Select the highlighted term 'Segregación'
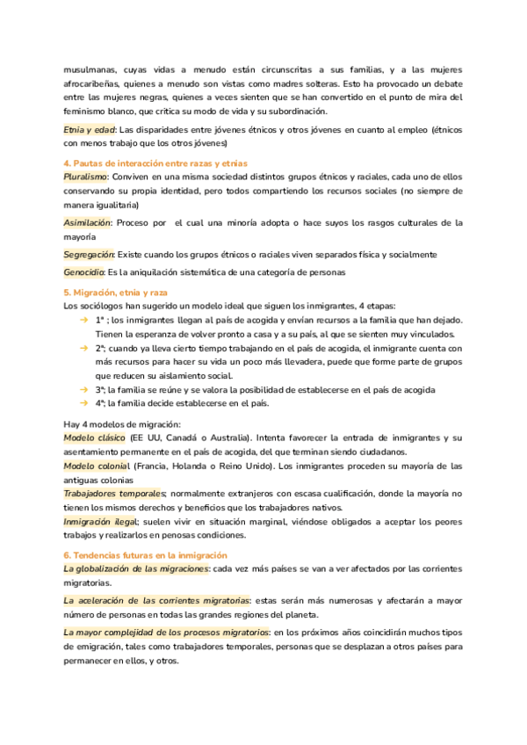point(90,255)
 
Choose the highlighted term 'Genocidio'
point(84,272)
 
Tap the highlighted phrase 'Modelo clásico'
point(94,438)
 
